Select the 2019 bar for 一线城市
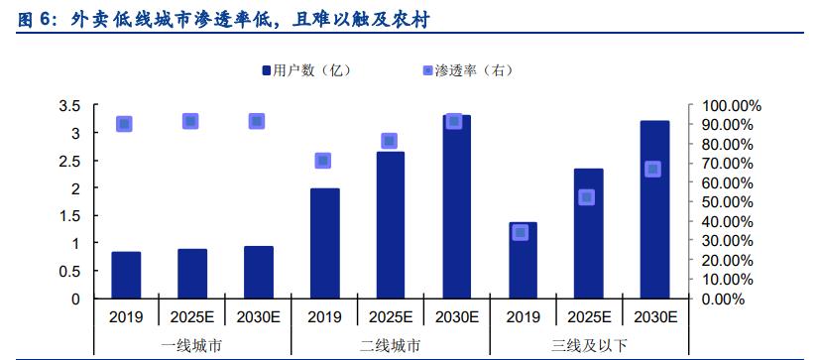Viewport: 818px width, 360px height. tap(126, 275)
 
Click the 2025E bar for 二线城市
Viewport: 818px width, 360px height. tap(390, 225)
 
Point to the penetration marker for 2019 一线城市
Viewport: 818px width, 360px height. tap(124, 124)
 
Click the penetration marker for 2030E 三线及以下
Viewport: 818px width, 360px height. tap(652, 169)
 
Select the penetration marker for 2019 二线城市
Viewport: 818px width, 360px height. tap(322, 161)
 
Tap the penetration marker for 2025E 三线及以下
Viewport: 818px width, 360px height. tap(587, 197)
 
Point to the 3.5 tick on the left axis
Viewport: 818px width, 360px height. tap(69, 105)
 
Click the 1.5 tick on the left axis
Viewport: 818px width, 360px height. tap(69, 215)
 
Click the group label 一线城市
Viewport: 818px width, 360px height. tap(190, 346)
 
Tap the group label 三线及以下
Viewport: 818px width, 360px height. tap(587, 346)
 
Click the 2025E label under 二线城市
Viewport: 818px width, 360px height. tap(390, 317)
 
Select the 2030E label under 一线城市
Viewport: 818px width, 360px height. tap(258, 317)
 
